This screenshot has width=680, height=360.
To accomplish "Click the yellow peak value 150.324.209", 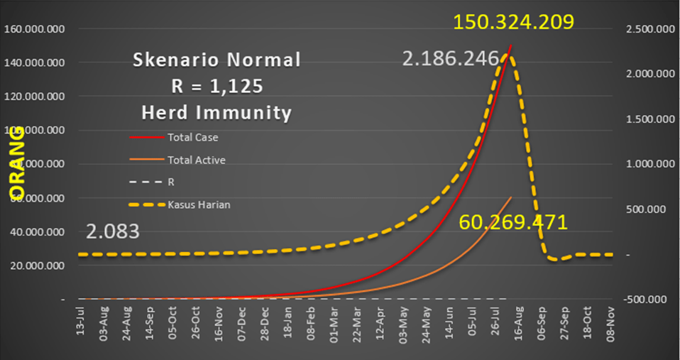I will click(513, 22).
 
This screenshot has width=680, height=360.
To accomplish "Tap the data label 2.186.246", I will click(451, 58).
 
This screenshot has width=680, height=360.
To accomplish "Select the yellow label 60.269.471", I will click(513, 222).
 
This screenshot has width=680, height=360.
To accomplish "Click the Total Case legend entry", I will click(192, 136).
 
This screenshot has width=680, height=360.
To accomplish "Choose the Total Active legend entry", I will click(197, 160).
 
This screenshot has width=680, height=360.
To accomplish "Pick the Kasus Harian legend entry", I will click(199, 205).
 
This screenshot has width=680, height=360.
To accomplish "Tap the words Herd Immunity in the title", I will click(216, 112).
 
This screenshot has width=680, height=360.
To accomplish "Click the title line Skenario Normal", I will click(216, 60).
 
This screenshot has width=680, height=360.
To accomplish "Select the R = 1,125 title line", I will click(216, 86).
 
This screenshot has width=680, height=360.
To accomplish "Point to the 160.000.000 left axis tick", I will click(35, 29).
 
